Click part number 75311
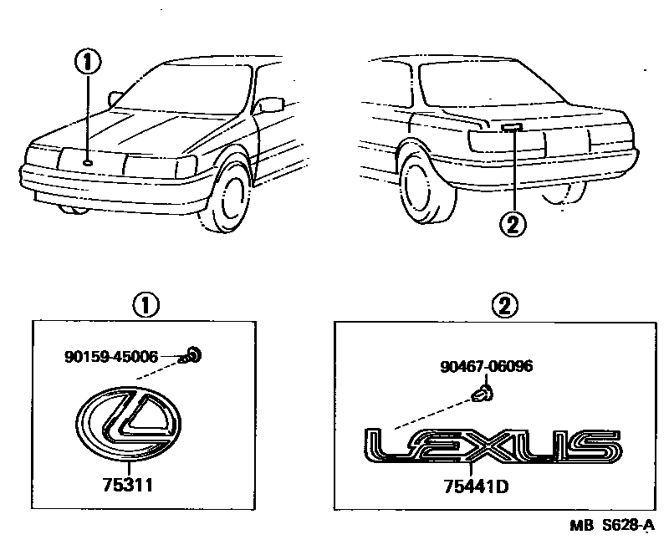(126, 484)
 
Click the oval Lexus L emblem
(127, 424)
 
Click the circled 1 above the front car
(87, 60)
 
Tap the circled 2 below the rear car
(512, 224)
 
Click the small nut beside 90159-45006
(192, 356)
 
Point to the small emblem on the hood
(88, 161)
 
